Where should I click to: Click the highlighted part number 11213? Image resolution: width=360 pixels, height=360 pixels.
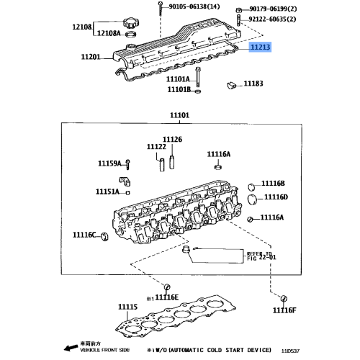click(261, 47)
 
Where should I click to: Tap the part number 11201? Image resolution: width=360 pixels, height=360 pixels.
click(91, 56)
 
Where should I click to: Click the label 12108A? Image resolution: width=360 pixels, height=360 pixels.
click(109, 33)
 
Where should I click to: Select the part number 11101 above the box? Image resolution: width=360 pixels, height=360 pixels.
click(179, 115)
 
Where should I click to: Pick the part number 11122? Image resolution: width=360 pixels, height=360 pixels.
click(157, 147)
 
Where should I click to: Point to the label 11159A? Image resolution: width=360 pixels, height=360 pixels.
click(111, 163)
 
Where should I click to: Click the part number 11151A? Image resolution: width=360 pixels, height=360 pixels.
click(108, 192)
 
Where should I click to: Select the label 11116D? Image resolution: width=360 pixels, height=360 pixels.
click(275, 197)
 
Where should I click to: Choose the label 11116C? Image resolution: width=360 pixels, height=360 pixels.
click(84, 235)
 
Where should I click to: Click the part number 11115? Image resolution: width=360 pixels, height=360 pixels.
click(127, 307)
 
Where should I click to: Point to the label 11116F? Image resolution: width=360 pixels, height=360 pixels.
click(284, 310)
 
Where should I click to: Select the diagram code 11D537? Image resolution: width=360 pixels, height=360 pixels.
click(292, 351)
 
